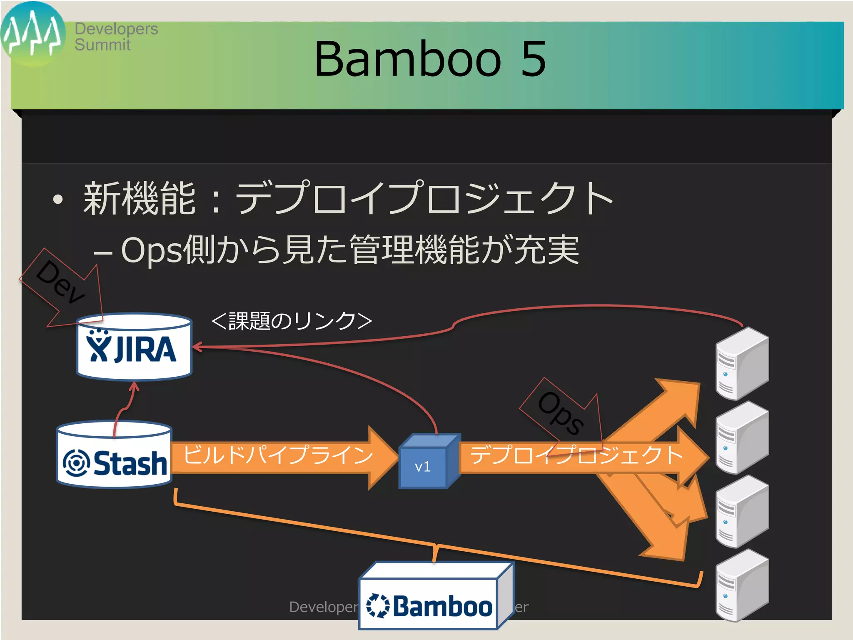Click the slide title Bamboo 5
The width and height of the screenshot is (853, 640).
point(430,59)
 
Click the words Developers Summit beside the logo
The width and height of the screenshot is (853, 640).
point(116,37)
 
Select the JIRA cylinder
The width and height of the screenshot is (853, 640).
point(134,347)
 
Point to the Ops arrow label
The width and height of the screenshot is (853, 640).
point(561,412)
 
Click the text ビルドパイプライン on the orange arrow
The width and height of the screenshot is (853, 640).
point(278,455)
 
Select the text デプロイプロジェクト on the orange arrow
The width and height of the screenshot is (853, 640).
point(576,455)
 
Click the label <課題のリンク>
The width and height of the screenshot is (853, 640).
point(292,321)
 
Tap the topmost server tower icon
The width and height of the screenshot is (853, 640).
point(742,363)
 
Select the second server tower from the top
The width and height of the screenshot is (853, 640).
point(742,437)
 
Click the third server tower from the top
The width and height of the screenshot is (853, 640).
point(742,512)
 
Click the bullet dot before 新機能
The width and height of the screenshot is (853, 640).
point(58,200)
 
